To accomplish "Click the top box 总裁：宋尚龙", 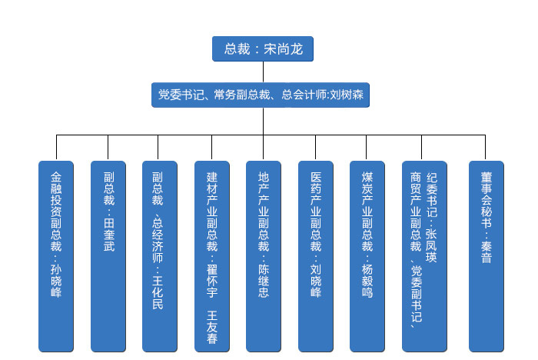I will tap(263, 48).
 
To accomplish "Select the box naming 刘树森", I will tap(261, 95).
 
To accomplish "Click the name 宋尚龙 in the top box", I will tap(283, 49).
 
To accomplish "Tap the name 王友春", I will tap(212, 326).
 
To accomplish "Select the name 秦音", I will tap(487, 250).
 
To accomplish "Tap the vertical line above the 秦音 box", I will tap(487, 148).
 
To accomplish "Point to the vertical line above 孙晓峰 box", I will tap(56, 148).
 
